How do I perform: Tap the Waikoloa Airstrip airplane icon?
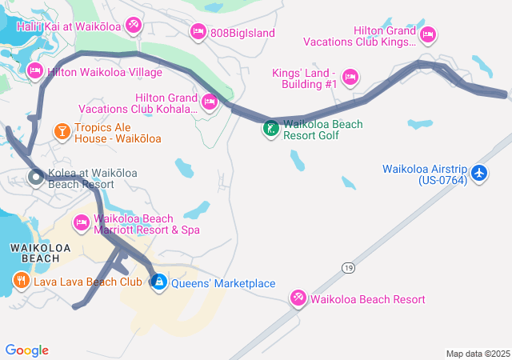coord(479,173)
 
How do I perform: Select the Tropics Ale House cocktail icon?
coord(62,130)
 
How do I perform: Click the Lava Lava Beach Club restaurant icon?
coord(20,281)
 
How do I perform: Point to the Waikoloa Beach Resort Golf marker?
coord(272,127)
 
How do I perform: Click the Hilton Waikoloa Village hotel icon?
coord(35,71)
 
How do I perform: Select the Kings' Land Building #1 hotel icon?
coord(350,78)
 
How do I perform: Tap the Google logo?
coord(26,350)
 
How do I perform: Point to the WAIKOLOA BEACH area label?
coord(34,252)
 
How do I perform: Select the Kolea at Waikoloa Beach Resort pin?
coord(36,178)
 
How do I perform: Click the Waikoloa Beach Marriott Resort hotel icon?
coord(82,222)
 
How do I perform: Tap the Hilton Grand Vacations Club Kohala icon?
coord(210,102)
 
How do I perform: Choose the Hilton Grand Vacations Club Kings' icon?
coord(428,34)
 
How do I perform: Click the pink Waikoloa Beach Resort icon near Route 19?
coord(298,298)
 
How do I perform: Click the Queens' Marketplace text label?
coord(222,283)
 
